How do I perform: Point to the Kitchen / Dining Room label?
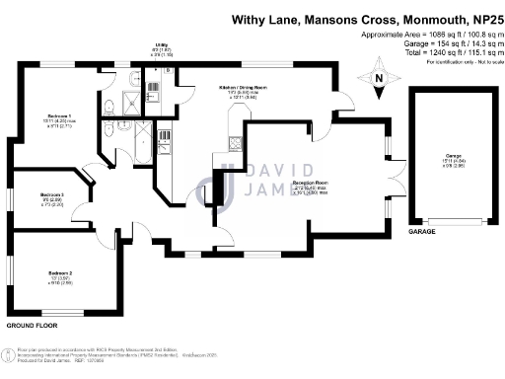[244, 87]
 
